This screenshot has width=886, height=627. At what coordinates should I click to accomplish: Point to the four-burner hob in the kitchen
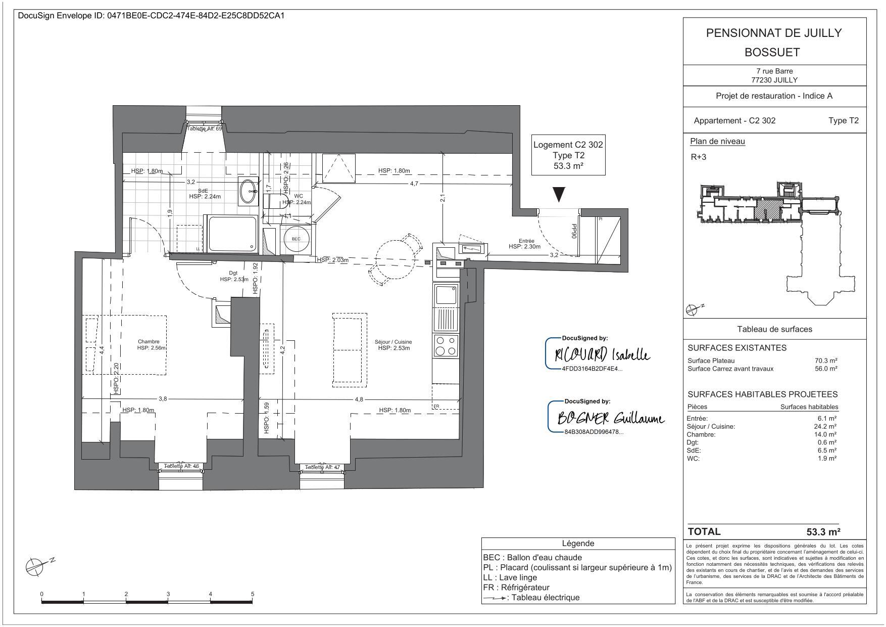pos(446,346)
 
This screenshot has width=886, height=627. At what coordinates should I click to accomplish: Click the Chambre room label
pos(149,341)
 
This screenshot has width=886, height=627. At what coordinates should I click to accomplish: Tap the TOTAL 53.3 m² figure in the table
pos(823,531)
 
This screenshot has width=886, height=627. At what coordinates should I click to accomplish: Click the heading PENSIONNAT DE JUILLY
pos(773,33)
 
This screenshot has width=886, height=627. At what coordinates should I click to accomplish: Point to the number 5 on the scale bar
pos(252,594)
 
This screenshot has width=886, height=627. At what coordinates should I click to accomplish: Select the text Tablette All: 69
pos(204,129)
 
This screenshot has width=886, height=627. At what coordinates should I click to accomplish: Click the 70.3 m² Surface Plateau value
pos(826,361)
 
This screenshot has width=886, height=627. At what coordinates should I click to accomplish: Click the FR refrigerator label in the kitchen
pos(436,406)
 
